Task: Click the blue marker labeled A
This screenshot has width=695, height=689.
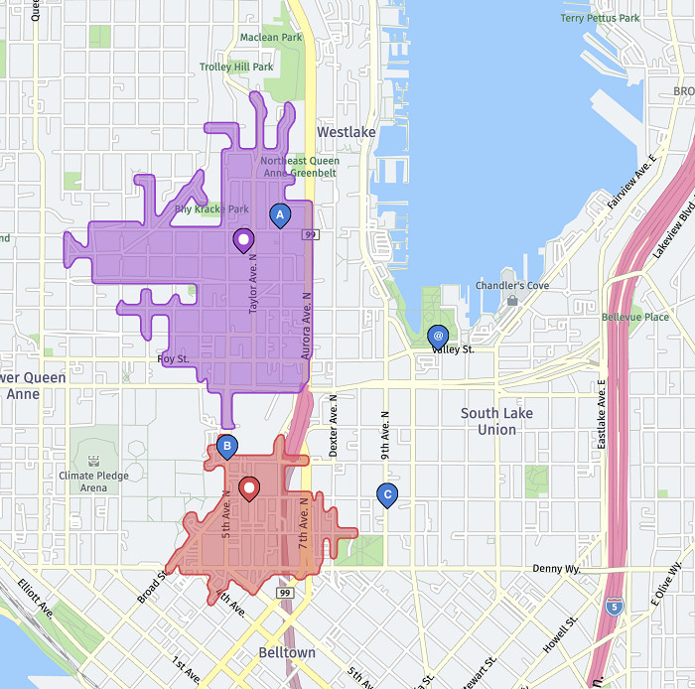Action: (x=280, y=214)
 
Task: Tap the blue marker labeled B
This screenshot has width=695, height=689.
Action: (x=227, y=447)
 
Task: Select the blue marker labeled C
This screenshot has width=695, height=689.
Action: (x=388, y=494)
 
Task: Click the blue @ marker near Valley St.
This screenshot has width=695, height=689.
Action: (x=438, y=337)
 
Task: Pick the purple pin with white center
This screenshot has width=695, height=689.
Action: (x=243, y=239)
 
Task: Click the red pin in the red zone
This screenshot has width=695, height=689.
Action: (x=250, y=488)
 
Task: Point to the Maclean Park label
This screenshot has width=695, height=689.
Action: (x=271, y=38)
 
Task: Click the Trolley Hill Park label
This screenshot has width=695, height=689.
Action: (x=236, y=68)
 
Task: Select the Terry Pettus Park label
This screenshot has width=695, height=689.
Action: (x=600, y=18)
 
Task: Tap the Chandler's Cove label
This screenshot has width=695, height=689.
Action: (x=513, y=286)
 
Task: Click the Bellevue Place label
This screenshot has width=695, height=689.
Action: (x=635, y=317)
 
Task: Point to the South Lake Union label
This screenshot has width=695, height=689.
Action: (x=496, y=421)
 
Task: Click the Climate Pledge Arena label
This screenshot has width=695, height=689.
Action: (x=93, y=482)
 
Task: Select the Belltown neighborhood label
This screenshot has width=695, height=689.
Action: (x=286, y=652)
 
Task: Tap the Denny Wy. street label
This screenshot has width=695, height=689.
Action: (x=559, y=569)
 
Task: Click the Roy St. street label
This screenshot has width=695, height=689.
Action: (x=173, y=358)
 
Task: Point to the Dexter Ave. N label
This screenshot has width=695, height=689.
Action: (x=334, y=426)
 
